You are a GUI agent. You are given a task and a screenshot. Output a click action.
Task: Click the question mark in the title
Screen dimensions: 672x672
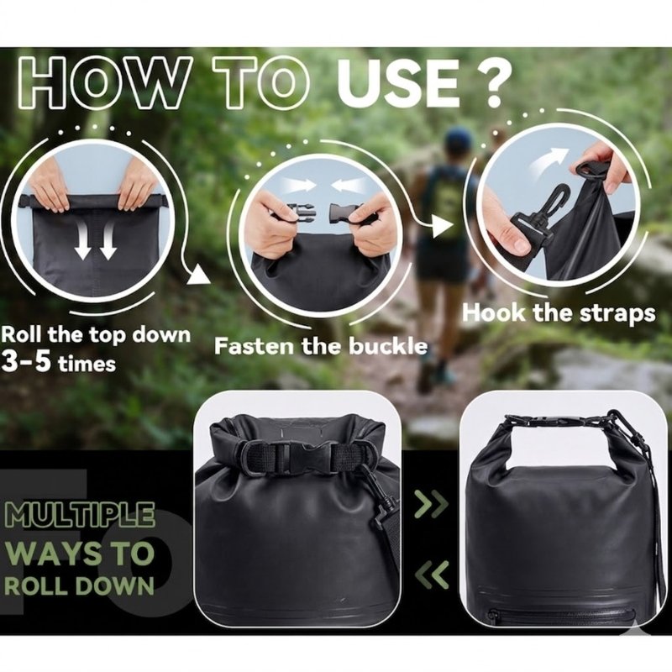[x=493, y=81]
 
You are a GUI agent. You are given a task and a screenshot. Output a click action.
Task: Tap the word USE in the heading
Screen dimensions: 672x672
[x=399, y=81]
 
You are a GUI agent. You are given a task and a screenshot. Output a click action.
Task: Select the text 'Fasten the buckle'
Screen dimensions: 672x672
[x=321, y=346]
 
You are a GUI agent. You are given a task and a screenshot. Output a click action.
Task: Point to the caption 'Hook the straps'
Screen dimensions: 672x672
[x=559, y=312]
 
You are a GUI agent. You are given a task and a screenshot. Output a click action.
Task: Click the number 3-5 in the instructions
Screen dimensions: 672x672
[x=26, y=361]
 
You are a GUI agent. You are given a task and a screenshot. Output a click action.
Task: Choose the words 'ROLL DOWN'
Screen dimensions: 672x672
[x=79, y=585]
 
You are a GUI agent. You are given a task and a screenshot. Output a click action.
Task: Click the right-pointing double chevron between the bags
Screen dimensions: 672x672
[x=431, y=504]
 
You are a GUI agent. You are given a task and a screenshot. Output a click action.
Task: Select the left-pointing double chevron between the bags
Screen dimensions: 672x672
[x=432, y=575]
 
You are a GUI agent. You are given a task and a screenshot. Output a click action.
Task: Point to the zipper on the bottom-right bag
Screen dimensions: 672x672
[x=561, y=617]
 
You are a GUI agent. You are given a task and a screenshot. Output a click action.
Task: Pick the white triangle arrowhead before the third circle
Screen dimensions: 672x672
[x=443, y=226]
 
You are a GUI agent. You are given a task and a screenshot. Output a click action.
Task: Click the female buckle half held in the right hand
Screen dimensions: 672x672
[x=345, y=213]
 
